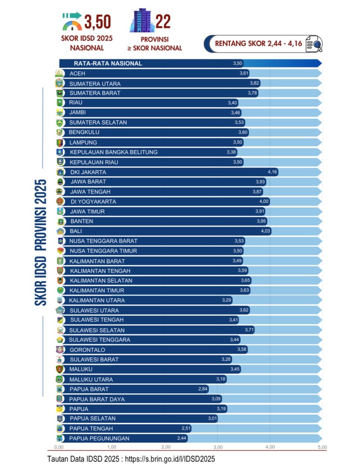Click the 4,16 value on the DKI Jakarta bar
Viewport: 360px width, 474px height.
272,172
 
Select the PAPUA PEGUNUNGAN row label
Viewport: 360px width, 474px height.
99,438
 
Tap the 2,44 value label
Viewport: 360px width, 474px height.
182,438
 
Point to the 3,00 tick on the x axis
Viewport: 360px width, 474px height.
218,447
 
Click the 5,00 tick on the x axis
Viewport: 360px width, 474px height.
322,447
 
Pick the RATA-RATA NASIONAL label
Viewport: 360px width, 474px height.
108,64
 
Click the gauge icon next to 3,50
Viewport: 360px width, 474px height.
72,22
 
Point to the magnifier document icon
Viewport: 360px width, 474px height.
314,44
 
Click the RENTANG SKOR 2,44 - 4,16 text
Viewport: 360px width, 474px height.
259,43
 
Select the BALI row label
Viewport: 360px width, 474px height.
76,231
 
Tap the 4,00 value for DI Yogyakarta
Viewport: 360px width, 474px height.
264,201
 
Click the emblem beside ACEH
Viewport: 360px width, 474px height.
59,74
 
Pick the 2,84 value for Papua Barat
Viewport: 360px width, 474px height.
203,389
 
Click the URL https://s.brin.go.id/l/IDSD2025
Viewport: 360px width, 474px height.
170,459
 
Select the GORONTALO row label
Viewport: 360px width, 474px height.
87,350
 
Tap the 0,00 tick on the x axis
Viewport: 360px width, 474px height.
59,447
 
